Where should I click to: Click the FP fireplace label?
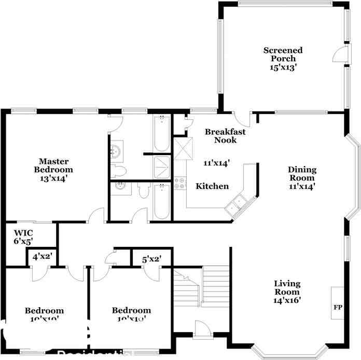tap(338, 308)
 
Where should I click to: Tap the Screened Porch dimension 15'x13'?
tap(283, 67)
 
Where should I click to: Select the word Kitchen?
tap(212, 186)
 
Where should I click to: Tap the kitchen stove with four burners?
tap(180, 183)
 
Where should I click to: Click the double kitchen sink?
tap(235, 203)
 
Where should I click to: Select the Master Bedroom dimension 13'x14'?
tap(53, 178)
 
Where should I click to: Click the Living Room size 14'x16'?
tap(287, 299)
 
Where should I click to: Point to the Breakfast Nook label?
tap(225, 136)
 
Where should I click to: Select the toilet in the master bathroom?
tap(119, 171)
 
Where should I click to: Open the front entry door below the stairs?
tap(201, 330)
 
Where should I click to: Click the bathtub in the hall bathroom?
tap(162, 202)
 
